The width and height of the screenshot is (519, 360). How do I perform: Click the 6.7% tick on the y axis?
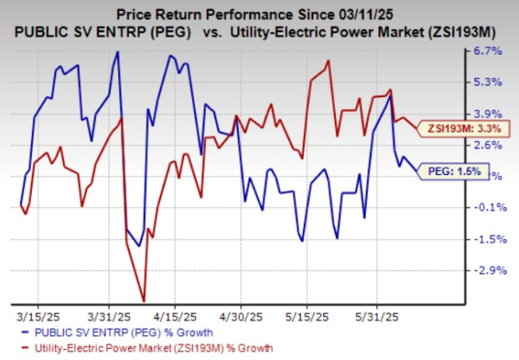point(488,51)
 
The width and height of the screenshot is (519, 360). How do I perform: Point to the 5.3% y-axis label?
point(488,82)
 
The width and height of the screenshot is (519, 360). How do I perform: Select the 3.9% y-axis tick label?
point(488,114)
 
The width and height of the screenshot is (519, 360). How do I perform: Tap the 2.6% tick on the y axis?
point(488,145)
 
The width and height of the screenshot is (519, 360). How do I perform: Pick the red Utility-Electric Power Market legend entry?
point(142,347)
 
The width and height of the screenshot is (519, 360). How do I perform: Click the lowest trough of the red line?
point(144,300)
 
